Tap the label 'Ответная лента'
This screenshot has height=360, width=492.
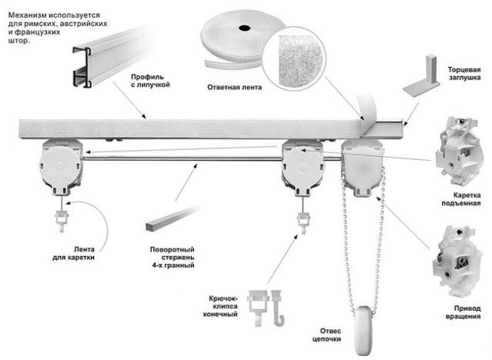tap(235, 87)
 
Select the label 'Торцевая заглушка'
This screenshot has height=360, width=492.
tap(464, 73)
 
